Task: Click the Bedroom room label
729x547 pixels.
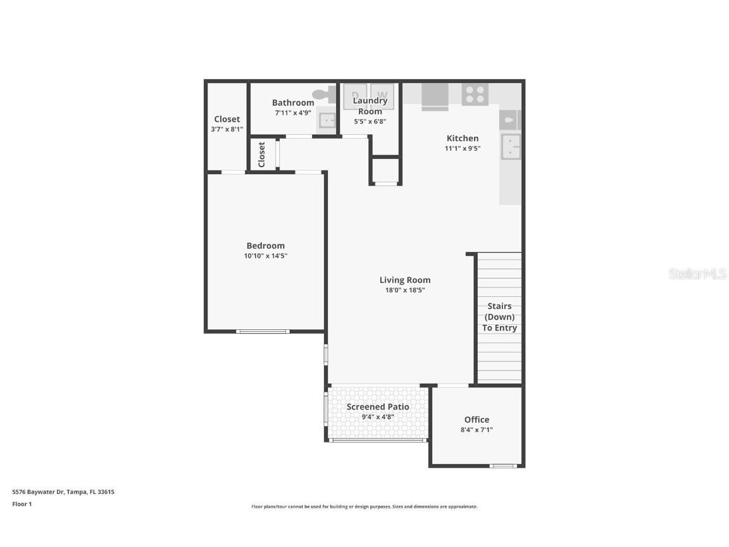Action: tap(265, 246)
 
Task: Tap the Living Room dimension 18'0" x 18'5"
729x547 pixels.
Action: tap(405, 291)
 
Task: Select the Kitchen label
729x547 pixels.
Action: tap(463, 138)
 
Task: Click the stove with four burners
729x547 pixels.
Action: tap(475, 94)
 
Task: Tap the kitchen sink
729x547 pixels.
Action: tap(511, 146)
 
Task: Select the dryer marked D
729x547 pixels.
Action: tap(355, 96)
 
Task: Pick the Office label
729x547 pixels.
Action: tap(477, 419)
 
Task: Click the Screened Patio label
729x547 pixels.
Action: tap(378, 406)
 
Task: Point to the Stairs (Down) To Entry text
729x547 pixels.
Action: tap(499, 317)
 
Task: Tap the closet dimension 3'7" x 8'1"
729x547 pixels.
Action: tap(227, 129)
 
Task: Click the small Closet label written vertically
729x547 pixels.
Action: tap(261, 154)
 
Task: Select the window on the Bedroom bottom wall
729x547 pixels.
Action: tap(263, 331)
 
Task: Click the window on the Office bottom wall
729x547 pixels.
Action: tap(504, 467)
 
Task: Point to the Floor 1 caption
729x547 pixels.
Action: tap(22, 504)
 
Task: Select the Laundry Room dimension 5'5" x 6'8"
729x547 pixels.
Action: tap(370, 122)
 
